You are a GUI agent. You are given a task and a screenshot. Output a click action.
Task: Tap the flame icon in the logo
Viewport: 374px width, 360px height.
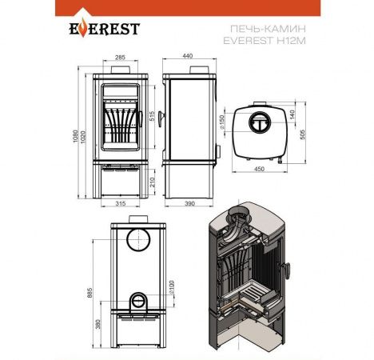coord(83,27)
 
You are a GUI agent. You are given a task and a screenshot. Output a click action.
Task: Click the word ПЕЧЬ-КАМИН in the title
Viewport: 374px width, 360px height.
coord(268,28)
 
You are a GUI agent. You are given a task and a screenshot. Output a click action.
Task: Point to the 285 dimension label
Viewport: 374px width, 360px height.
coord(120,57)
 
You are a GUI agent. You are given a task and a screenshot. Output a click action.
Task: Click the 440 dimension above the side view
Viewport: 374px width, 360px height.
coord(188,56)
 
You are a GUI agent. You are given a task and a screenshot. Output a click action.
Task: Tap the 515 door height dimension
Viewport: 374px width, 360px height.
coord(152,116)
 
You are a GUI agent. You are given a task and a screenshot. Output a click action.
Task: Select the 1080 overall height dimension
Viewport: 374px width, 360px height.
coord(75,136)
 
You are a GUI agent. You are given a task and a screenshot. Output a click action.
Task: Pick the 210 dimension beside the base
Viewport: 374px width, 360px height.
coord(152,182)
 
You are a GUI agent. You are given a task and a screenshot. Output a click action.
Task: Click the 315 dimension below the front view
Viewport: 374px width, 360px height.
coord(121,204)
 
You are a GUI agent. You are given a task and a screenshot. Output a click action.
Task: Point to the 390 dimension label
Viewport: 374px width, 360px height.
coord(189,204)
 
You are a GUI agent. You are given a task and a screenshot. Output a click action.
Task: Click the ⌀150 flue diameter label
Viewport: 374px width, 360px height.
coord(222,122)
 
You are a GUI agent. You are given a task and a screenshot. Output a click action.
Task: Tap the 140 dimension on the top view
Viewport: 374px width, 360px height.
coord(292,114)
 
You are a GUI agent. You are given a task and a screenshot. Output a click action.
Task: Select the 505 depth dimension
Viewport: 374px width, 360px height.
coord(302,134)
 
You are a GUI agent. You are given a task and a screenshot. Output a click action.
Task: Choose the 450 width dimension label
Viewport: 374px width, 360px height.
coord(259,169)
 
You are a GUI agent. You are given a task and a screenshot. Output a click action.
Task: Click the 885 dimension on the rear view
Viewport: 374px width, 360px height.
coord(90,293)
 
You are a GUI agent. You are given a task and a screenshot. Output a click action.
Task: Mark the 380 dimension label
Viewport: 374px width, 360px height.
coord(98,324)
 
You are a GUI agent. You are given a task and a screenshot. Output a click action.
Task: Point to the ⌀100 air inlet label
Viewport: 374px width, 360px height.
coord(171,287)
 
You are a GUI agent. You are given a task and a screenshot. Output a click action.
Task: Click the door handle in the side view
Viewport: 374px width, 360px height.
coord(161,119)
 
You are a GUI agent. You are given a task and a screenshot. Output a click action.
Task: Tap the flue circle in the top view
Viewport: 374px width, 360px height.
coord(259,112)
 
